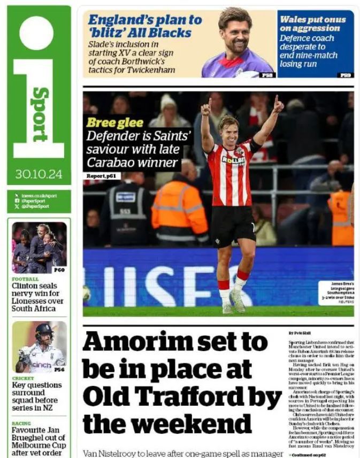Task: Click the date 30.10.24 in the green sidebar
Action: tap(39, 174)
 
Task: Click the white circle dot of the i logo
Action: tap(36, 33)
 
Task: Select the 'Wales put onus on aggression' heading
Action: tap(312, 24)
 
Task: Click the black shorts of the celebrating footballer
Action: tap(232, 226)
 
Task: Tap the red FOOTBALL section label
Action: tap(25, 279)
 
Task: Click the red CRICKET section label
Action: tap(22, 378)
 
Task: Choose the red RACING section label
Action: tap(21, 423)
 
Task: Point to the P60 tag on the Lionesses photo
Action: tap(59, 270)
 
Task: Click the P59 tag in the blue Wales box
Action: tap(346, 75)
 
